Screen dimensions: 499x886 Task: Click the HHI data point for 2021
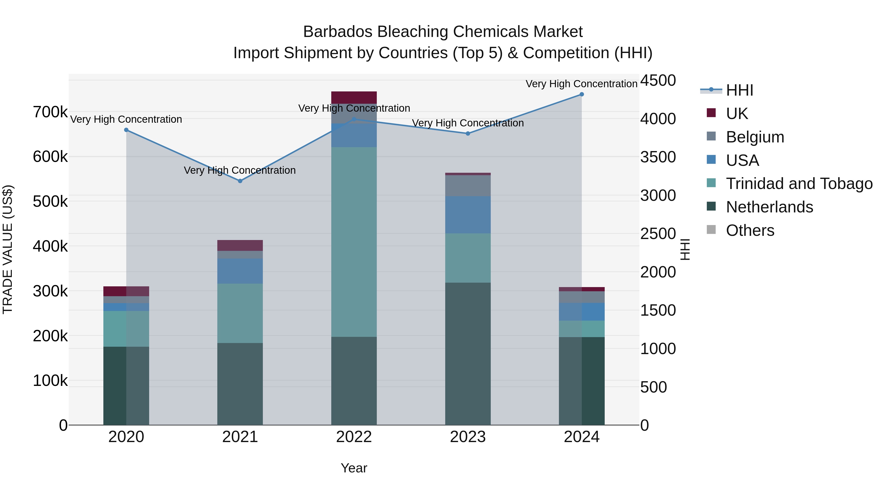(240, 181)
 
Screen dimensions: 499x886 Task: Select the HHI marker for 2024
(582, 94)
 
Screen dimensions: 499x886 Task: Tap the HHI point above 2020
(126, 130)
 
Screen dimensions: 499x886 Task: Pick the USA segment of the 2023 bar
(468, 215)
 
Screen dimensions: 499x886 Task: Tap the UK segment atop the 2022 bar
(354, 97)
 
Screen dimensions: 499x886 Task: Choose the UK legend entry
(736, 113)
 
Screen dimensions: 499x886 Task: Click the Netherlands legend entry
(769, 207)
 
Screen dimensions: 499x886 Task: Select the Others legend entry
(750, 230)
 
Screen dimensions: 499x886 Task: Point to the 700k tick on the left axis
(50, 112)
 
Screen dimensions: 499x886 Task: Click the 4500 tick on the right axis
(658, 81)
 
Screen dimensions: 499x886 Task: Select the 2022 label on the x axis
(354, 437)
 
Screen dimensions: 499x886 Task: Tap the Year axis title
(354, 468)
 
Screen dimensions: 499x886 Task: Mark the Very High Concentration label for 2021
(240, 170)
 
